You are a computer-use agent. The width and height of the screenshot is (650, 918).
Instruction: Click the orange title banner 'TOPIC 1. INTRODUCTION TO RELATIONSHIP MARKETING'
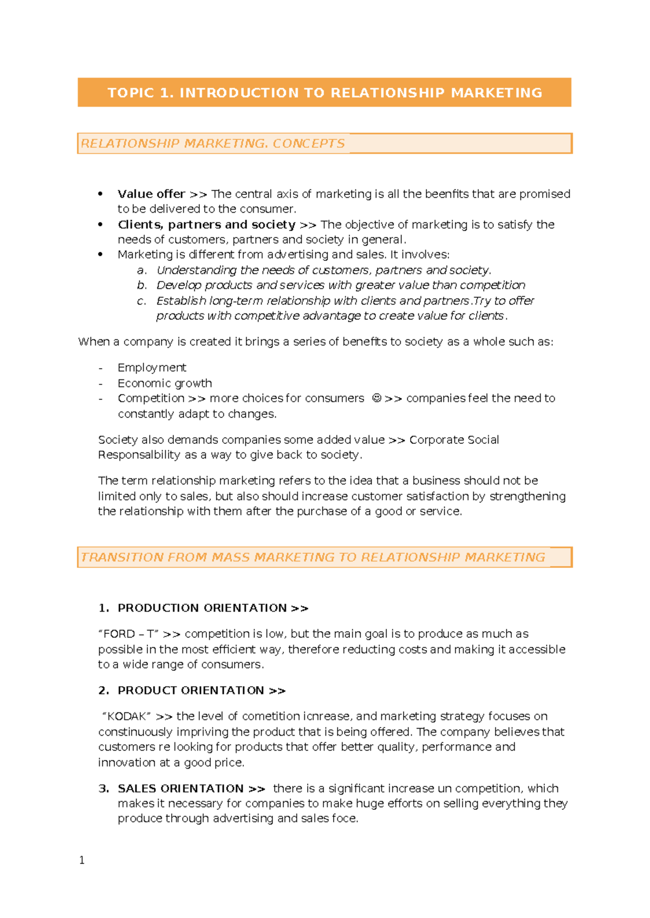coord(324,93)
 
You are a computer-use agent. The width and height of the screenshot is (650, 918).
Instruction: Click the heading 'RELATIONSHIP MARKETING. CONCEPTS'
coord(212,143)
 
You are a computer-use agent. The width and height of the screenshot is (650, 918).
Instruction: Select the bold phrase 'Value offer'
coord(151,194)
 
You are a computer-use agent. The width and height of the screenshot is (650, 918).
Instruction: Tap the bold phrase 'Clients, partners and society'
coord(206,225)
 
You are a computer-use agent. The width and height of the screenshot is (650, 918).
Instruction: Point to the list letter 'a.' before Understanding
coord(141,270)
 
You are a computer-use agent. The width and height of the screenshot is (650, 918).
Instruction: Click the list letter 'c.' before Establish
coord(141,301)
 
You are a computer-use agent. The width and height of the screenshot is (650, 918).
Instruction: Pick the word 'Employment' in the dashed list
coord(152,368)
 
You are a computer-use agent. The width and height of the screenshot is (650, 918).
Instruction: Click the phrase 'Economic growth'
coord(165,383)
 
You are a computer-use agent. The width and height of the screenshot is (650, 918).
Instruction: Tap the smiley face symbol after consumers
coord(376,398)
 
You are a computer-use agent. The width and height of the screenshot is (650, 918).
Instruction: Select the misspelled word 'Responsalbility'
coord(139,455)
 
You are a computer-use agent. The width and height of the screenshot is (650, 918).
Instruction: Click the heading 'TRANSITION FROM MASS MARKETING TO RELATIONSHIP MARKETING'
coord(313,557)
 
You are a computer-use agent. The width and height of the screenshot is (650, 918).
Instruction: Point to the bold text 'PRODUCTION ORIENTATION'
coord(202,608)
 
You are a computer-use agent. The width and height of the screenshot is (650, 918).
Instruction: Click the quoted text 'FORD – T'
coord(128,634)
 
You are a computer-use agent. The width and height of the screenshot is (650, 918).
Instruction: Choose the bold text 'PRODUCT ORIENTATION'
coord(191,691)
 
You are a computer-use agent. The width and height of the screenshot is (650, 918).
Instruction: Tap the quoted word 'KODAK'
coord(127,717)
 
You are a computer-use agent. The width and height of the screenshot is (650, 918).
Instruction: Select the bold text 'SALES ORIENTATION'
coord(180,789)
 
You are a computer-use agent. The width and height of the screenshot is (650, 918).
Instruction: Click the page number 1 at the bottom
coord(82,861)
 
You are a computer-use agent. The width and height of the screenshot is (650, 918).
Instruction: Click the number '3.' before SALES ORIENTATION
coord(103,789)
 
